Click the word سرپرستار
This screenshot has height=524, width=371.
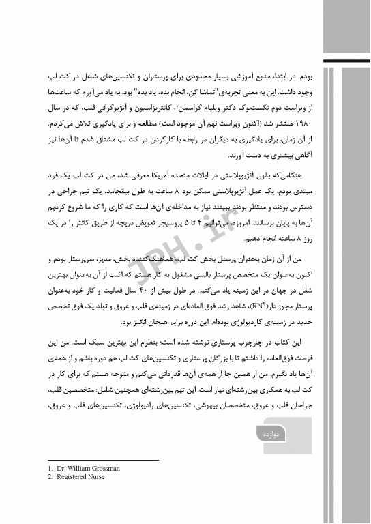pyautogui.click(x=93, y=259)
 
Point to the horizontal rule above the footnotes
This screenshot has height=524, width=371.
pyautogui.click(x=103, y=461)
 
